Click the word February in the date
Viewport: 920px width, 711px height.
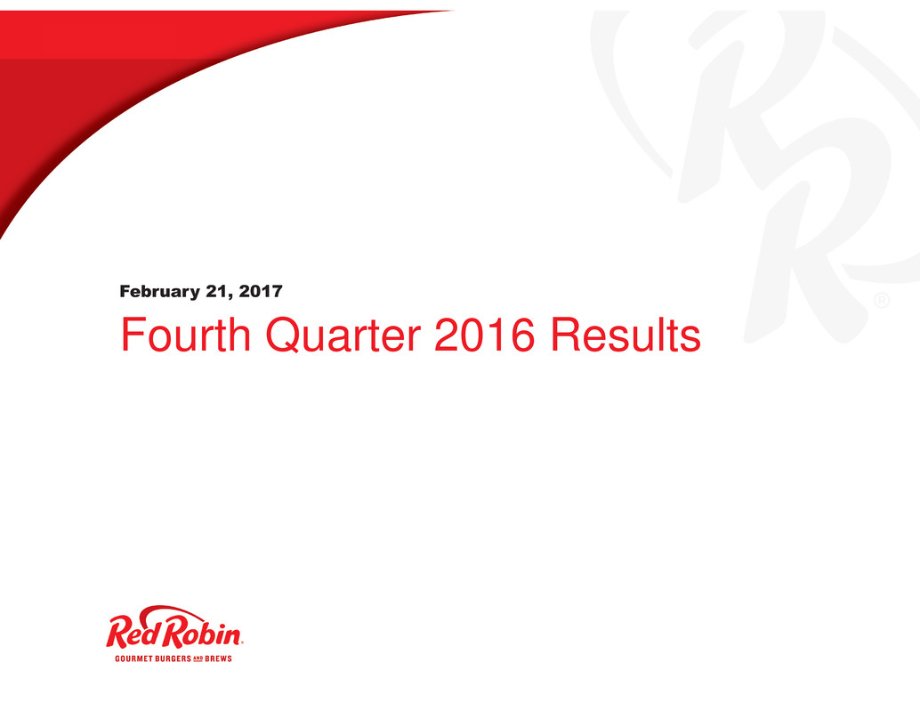159,292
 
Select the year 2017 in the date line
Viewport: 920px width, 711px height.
261,292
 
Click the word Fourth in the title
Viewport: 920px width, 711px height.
186,335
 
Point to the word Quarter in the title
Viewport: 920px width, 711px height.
343,335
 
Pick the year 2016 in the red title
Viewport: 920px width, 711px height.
485,335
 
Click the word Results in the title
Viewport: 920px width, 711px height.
625,335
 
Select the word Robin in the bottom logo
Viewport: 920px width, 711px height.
201,633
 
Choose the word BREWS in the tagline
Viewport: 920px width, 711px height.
218,658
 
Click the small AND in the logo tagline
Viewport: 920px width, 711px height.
198,658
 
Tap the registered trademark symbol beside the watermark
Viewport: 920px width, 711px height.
882,301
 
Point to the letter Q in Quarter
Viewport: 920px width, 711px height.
285,335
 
